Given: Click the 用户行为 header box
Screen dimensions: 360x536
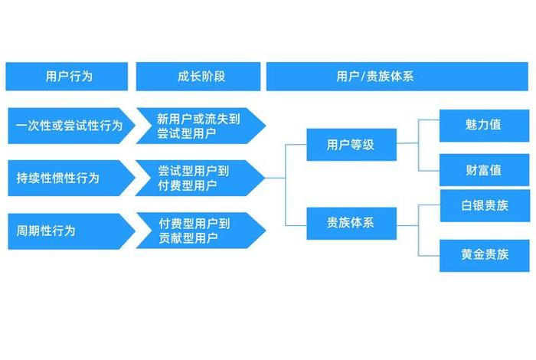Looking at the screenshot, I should click(66, 77).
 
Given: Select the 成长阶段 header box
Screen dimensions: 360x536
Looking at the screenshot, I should click(197, 77).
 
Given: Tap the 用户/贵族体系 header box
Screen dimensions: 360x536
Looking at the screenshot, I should click(397, 77).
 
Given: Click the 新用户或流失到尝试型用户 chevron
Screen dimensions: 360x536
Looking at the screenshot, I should click(197, 126).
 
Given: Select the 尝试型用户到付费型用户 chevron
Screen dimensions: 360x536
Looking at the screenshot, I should click(197, 178).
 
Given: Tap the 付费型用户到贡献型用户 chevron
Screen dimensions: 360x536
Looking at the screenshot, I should click(197, 231).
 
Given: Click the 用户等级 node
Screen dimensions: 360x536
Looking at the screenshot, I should click(351, 144).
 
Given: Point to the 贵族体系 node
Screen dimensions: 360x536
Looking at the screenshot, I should click(351, 223).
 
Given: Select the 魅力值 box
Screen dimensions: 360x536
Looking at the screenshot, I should click(484, 125).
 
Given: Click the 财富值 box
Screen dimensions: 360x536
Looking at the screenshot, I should click(484, 170).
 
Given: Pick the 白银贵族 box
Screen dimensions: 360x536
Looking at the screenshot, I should click(484, 206).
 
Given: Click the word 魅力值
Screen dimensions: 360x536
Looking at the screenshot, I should click(484, 125).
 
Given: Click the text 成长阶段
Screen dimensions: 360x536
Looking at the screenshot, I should click(197, 77).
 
